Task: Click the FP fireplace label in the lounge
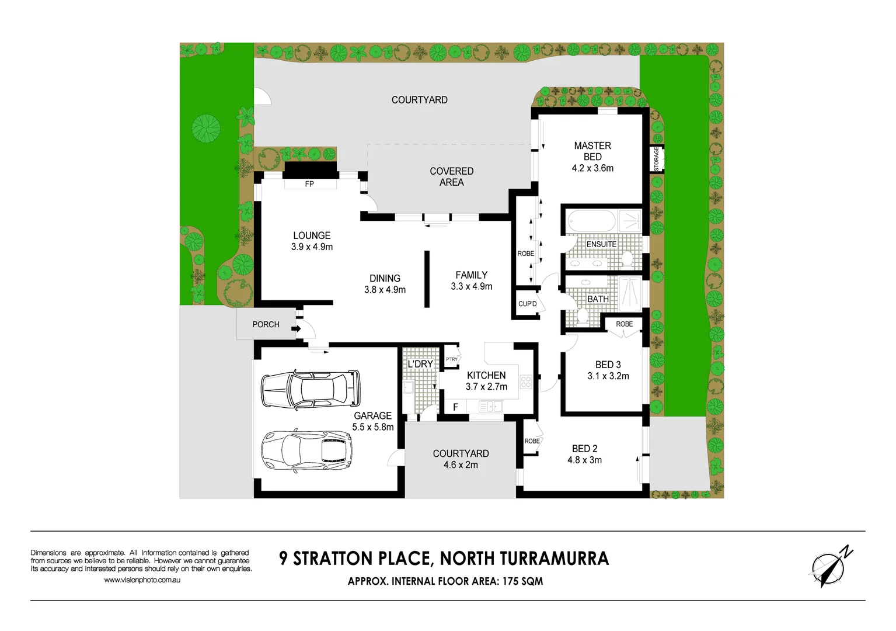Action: click(309, 184)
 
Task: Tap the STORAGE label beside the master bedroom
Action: click(657, 159)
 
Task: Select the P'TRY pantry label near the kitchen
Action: click(452, 359)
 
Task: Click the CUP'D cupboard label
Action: click(527, 304)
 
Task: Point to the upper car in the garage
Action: click(310, 389)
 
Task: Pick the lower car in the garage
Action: click(306, 450)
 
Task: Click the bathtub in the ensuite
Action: click(591, 222)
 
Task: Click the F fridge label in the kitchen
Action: click(456, 407)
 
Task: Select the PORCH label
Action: click(266, 324)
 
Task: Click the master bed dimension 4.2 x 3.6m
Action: click(592, 168)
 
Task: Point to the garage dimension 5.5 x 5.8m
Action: click(372, 427)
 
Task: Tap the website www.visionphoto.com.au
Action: click(142, 580)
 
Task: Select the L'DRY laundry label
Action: click(420, 364)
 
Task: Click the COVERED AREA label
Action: click(451, 176)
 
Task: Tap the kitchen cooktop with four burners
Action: click(526, 382)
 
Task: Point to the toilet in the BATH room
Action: click(582, 316)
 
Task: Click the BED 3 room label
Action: click(608, 365)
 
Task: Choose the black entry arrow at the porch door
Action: click(297, 329)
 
